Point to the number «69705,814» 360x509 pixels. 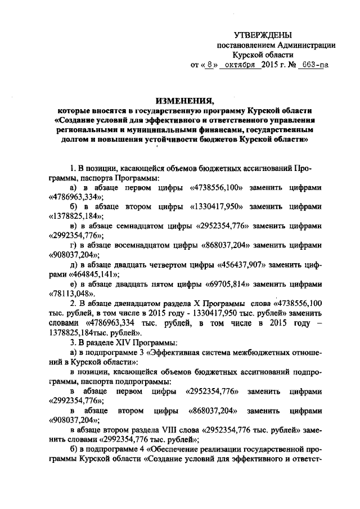tap(224, 285)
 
